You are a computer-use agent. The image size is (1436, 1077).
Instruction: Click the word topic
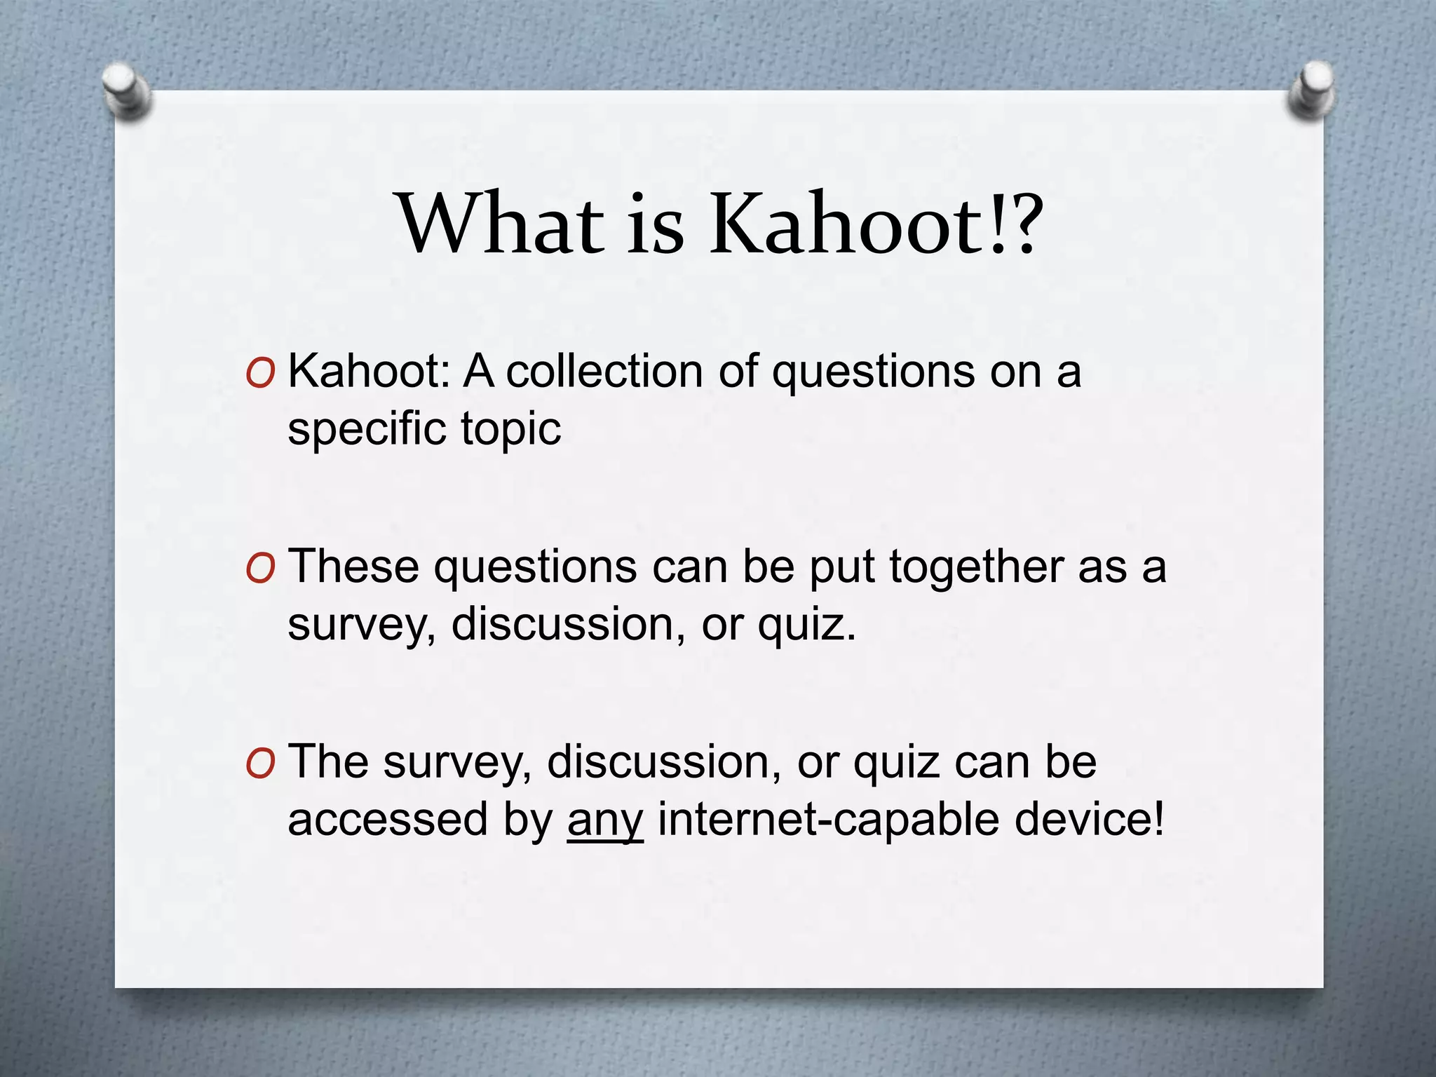coord(510,429)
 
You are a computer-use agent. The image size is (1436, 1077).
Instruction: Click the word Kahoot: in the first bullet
coord(369,371)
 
